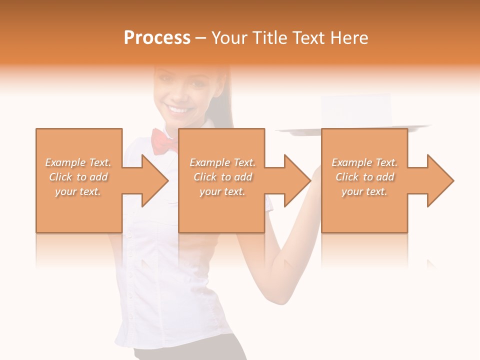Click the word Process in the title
(x=157, y=38)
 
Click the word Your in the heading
(x=230, y=38)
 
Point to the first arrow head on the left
(x=152, y=180)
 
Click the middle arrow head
(x=295, y=180)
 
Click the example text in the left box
(x=78, y=176)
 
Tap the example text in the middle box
(x=222, y=176)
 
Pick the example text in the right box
(x=364, y=176)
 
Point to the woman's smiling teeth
(x=178, y=108)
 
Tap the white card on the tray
(x=356, y=110)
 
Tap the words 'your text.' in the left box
(x=78, y=191)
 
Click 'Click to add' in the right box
(x=364, y=177)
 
